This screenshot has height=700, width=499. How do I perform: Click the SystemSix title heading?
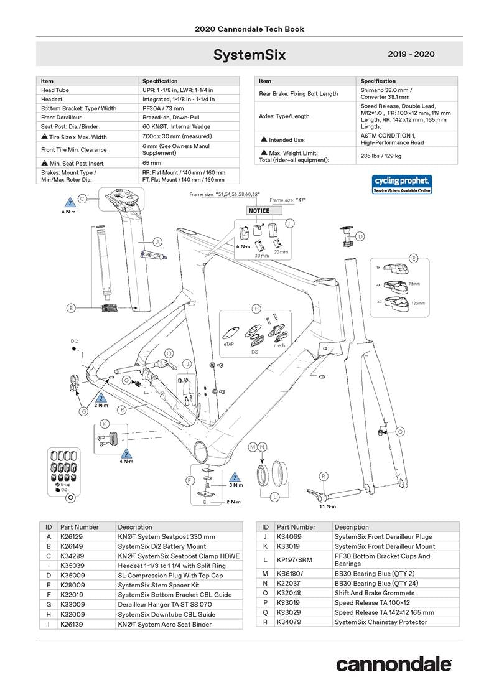click(249, 55)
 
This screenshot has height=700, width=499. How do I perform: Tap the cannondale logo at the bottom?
click(394, 664)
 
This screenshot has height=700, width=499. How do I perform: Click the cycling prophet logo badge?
click(402, 184)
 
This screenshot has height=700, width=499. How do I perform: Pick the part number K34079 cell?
click(291, 622)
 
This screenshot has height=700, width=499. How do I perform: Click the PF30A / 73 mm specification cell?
click(162, 108)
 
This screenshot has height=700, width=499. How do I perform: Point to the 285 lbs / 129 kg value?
click(381, 156)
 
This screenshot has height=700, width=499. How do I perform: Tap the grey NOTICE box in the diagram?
click(259, 210)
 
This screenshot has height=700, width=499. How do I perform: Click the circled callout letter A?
click(158, 241)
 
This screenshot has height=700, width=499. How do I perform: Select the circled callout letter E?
click(413, 258)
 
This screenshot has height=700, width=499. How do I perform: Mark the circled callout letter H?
click(256, 309)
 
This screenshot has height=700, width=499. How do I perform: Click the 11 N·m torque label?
click(328, 507)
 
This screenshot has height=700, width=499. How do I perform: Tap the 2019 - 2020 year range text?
click(411, 55)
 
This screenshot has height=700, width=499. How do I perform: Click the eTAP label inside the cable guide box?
click(228, 343)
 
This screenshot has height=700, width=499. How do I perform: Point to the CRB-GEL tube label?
click(152, 254)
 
